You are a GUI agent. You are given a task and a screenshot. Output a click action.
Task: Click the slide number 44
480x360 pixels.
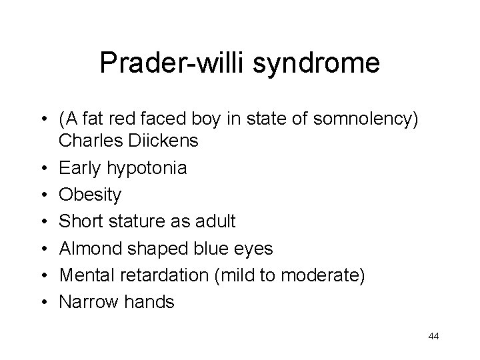click(433, 337)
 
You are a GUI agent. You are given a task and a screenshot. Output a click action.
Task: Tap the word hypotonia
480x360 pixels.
click(147, 168)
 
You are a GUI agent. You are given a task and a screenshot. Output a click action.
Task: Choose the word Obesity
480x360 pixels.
click(90, 195)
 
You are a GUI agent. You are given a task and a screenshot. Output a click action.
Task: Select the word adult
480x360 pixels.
click(217, 221)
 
